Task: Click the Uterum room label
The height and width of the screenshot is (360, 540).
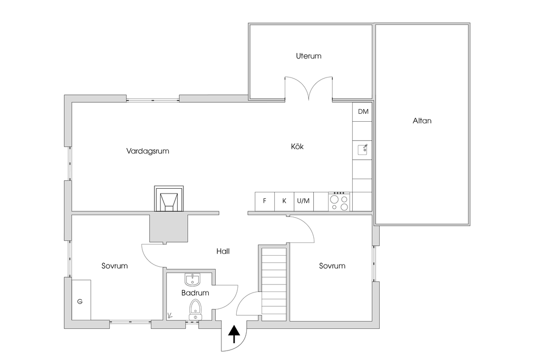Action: (308, 56)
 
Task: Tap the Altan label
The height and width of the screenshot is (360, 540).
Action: (422, 121)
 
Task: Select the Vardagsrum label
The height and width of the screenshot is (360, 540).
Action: (148, 151)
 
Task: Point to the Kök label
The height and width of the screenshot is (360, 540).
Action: (297, 147)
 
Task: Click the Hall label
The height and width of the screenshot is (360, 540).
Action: (223, 251)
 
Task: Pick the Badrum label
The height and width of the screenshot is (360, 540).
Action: (196, 293)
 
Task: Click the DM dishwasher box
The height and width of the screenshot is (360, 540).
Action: (363, 112)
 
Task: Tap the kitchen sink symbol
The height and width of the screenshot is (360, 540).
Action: (363, 150)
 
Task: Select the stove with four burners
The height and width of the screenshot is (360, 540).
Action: (339, 201)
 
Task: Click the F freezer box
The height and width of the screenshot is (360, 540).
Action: (265, 201)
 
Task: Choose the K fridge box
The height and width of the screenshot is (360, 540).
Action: (284, 201)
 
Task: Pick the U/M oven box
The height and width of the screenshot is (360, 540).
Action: (304, 201)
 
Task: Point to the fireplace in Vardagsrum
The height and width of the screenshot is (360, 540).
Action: (169, 199)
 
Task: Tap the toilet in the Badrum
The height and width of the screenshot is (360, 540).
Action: (196, 309)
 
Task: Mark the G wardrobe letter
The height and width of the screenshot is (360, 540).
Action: (80, 301)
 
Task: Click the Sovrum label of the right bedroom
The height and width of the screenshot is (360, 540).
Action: (332, 266)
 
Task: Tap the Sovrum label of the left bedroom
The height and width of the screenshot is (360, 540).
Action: (115, 266)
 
